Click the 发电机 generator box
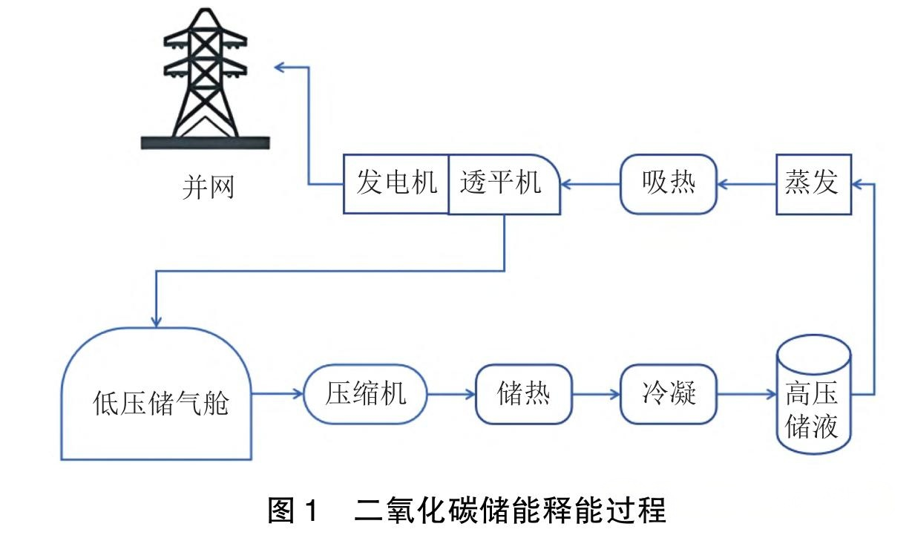tap(396, 184)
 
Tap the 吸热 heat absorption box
tap(669, 184)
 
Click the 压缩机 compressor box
tap(366, 393)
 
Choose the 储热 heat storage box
tap(524, 393)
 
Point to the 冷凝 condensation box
tap(669, 393)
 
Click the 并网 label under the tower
tap(208, 187)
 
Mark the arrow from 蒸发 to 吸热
tap(747, 184)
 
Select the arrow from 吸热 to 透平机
tap(591, 184)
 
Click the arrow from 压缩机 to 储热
tap(452, 394)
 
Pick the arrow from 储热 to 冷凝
tap(597, 394)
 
